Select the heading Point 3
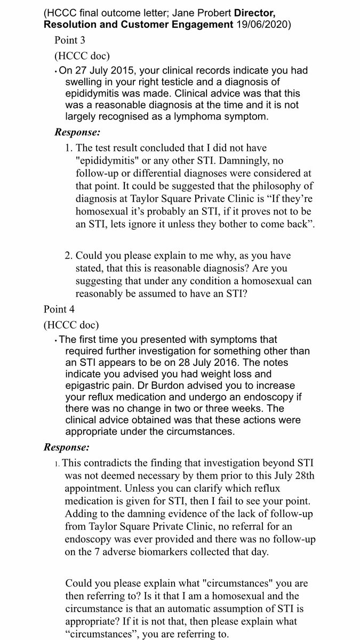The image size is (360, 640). click(x=70, y=40)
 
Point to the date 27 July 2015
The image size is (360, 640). click(x=99, y=71)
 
